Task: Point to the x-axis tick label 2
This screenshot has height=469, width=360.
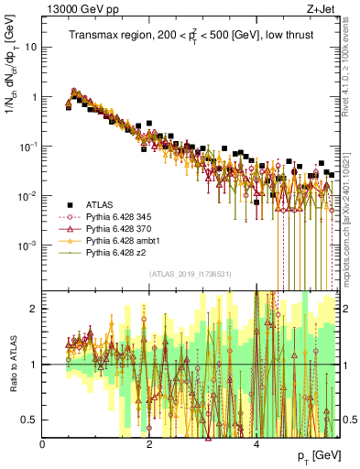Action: [x=149, y=444]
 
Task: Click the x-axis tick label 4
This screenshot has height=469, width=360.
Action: [x=256, y=444]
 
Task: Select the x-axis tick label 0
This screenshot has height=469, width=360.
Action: [x=43, y=444]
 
